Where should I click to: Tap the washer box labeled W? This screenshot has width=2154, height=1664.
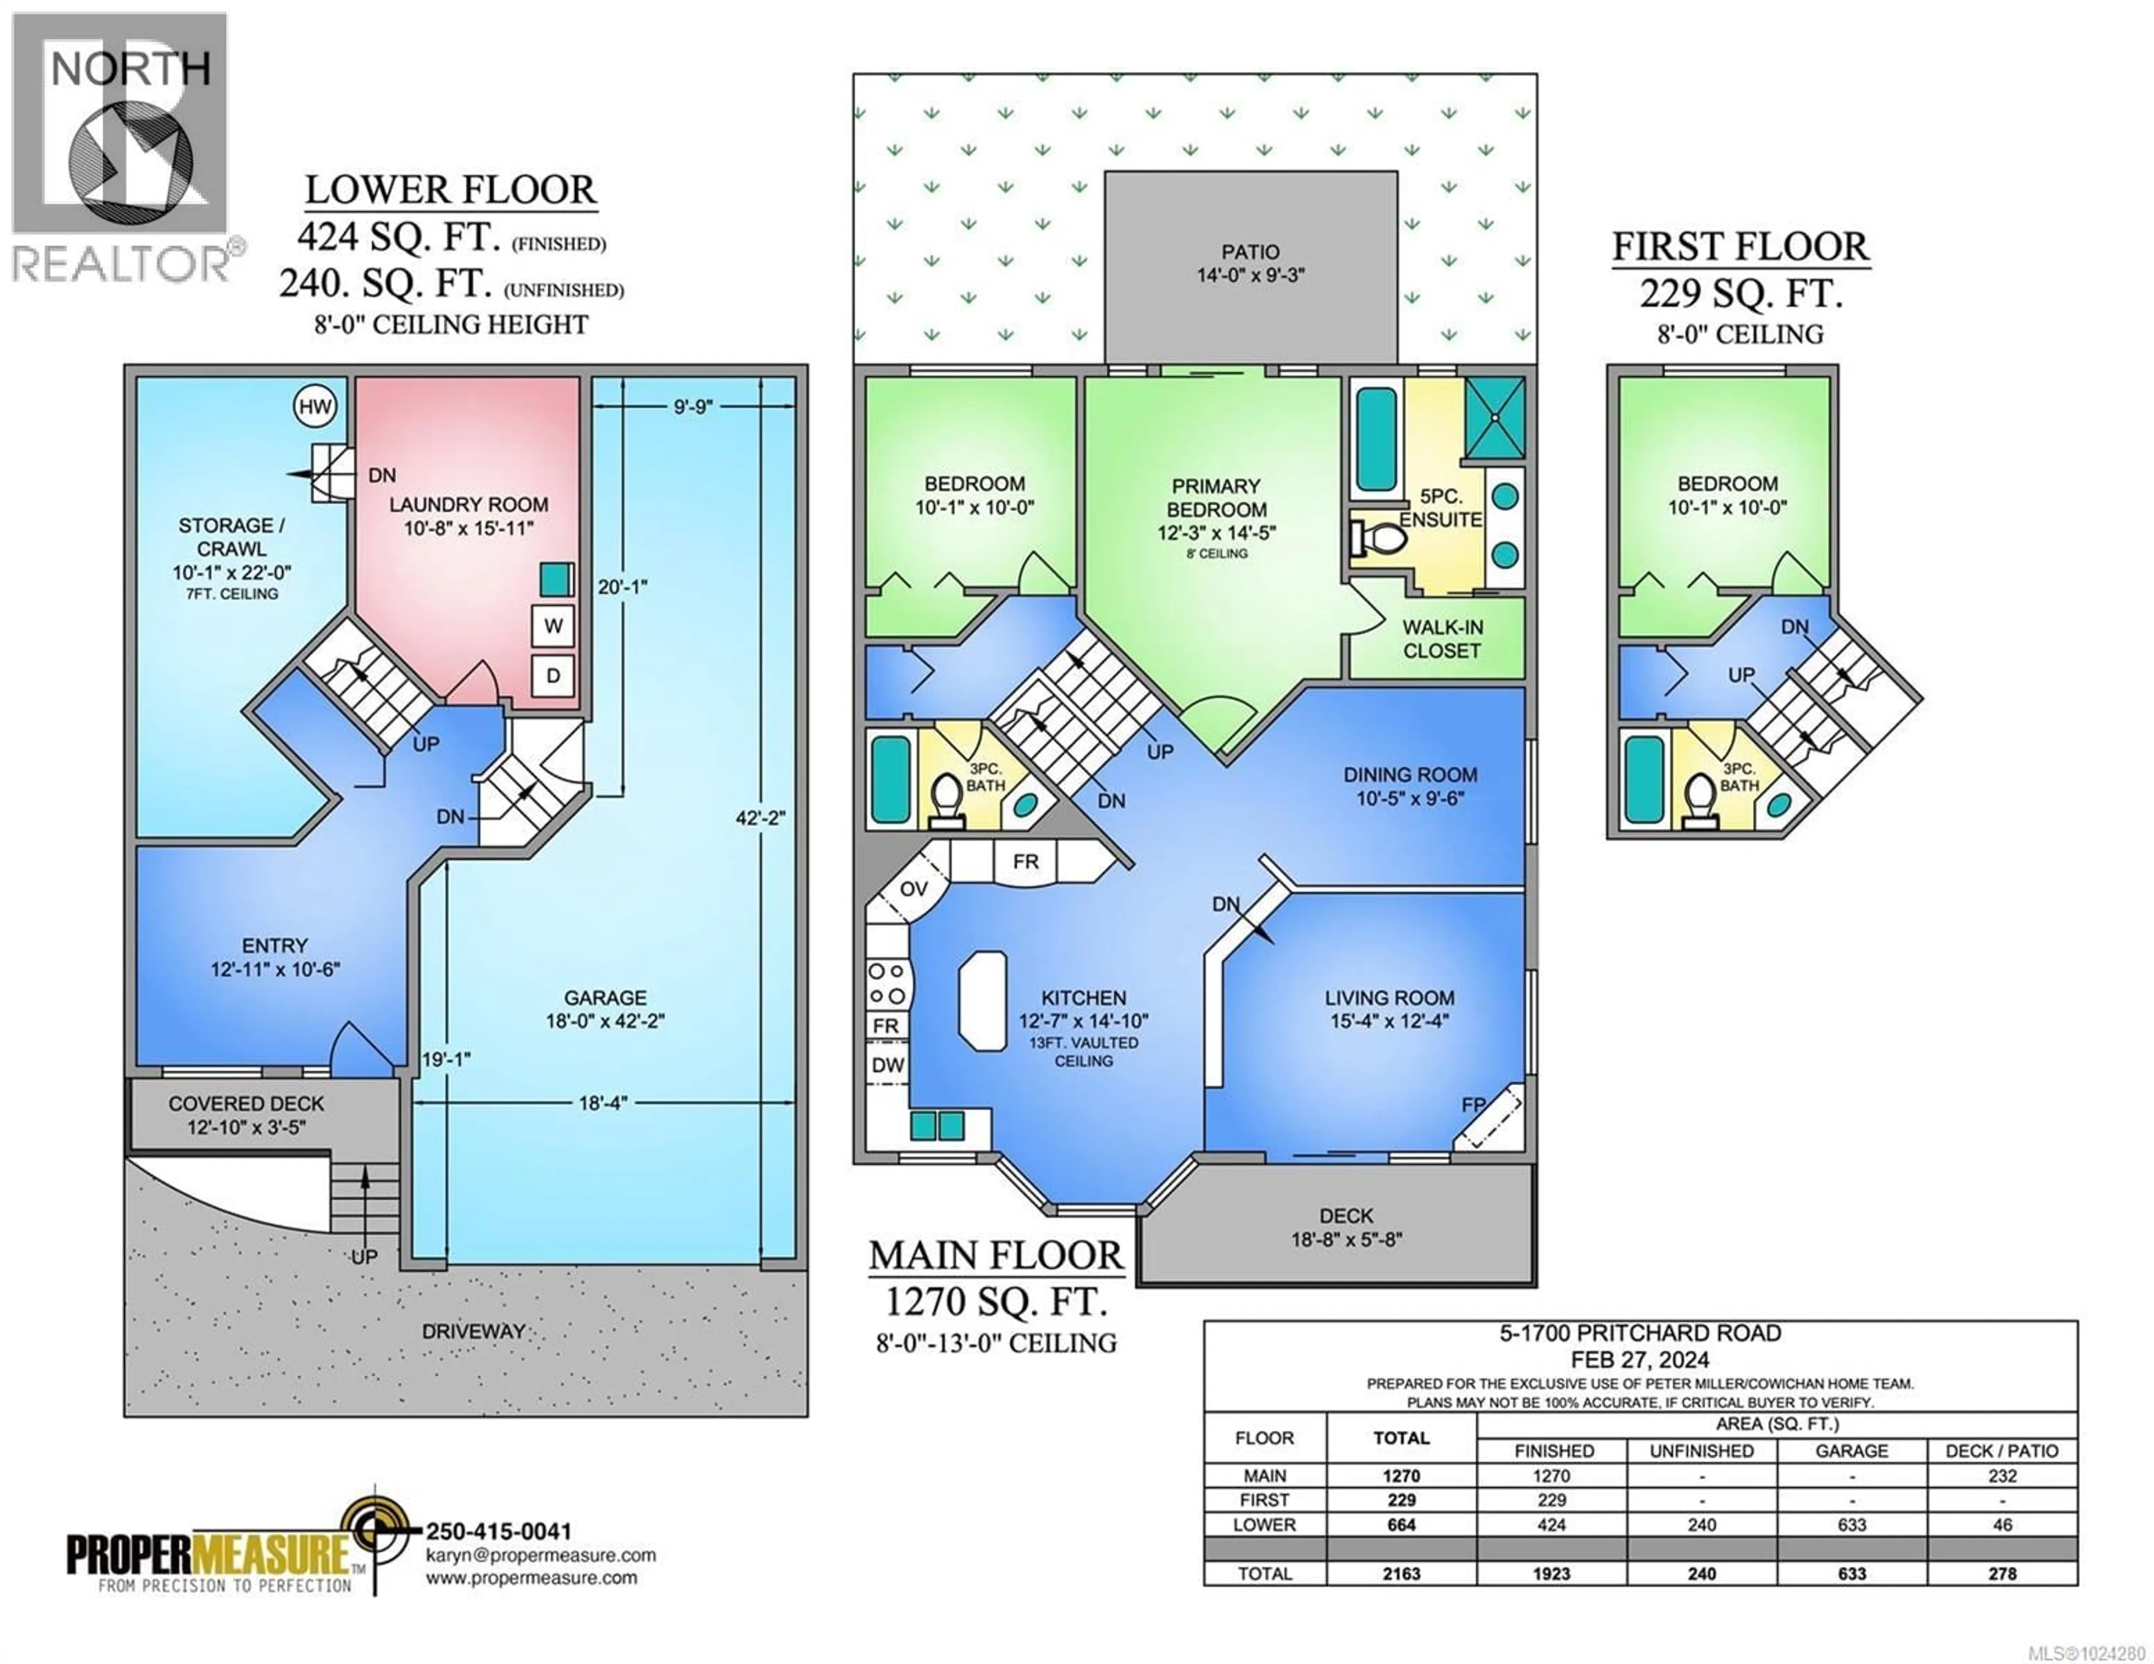(553, 625)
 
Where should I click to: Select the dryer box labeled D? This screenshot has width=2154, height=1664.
(553, 676)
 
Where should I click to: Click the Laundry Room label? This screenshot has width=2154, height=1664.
(468, 505)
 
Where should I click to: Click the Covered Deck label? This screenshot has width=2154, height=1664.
(247, 1104)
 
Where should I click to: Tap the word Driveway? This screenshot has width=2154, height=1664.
(473, 1331)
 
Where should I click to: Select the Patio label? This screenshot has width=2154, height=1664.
(1250, 252)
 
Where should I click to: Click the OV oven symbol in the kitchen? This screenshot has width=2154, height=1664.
(913, 889)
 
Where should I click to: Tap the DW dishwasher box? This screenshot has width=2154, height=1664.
(887, 1065)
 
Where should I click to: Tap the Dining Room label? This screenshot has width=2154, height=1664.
(1410, 775)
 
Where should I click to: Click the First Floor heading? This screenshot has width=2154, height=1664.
(1740, 247)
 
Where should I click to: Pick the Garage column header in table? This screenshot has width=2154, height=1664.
(1851, 1451)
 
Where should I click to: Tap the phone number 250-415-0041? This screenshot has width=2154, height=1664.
(498, 1532)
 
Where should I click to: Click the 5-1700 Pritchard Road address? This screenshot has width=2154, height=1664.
(1640, 1334)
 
